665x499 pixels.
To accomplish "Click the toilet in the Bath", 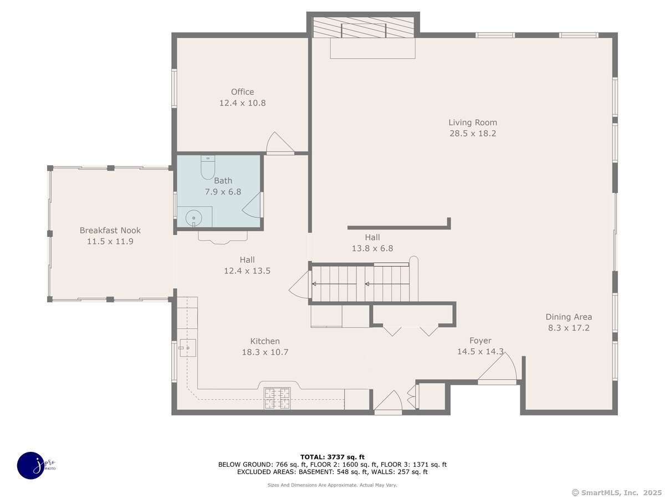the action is point(207,167).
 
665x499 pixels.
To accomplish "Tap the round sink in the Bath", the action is point(193,218).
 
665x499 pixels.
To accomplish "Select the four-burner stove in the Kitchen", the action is point(277,398).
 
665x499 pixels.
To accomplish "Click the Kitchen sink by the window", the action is point(187,348).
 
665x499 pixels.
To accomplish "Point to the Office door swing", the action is point(279,142).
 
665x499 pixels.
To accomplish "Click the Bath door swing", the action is point(252,205).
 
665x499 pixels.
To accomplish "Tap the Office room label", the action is point(242,92).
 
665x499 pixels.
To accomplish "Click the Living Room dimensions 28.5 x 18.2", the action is point(473,134).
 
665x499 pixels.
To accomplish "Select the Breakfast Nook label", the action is point(110,230).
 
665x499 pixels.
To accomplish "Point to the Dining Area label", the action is point(569,317).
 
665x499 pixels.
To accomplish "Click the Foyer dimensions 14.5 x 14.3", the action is point(480,352).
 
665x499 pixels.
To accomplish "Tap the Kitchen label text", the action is point(265,341).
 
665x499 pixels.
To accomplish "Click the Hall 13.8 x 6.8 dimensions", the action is point(372,248).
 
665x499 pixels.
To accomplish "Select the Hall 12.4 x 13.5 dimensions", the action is point(247,271).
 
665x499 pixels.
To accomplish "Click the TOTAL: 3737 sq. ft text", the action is point(332,457).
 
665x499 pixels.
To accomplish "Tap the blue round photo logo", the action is point(32,466).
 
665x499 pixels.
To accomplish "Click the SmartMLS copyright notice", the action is point(617,493).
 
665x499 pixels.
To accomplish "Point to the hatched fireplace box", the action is point(363,27).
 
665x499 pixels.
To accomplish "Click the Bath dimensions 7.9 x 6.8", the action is point(223,192).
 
